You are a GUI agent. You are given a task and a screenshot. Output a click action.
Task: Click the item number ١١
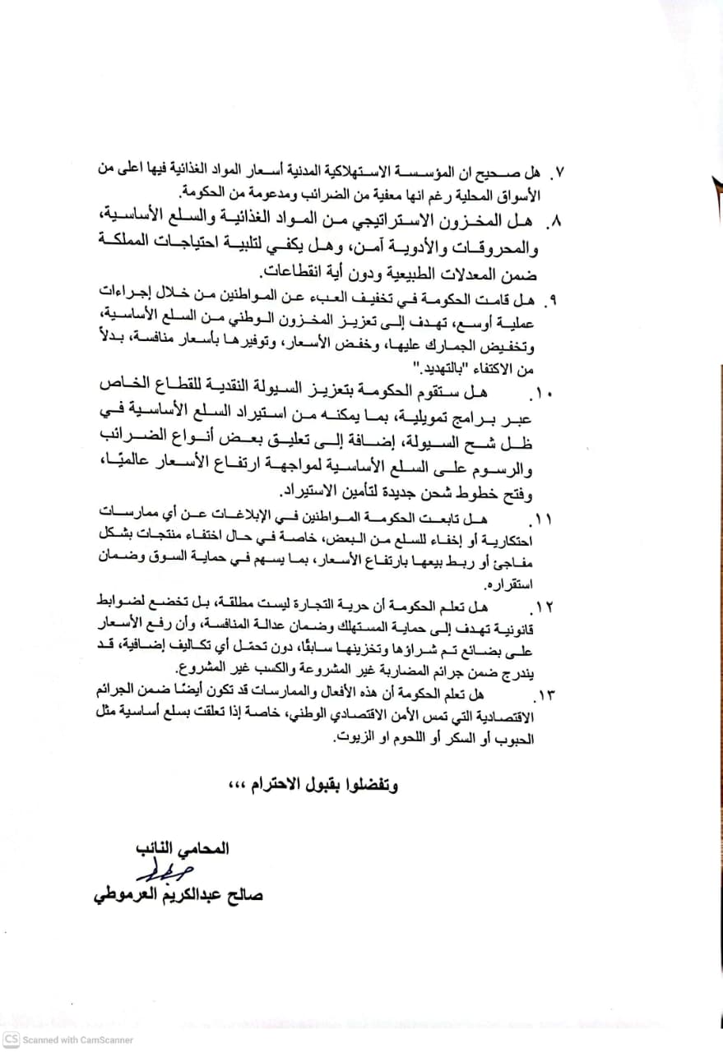coord(544,519)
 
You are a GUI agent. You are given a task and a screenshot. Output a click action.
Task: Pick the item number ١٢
coord(543,607)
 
